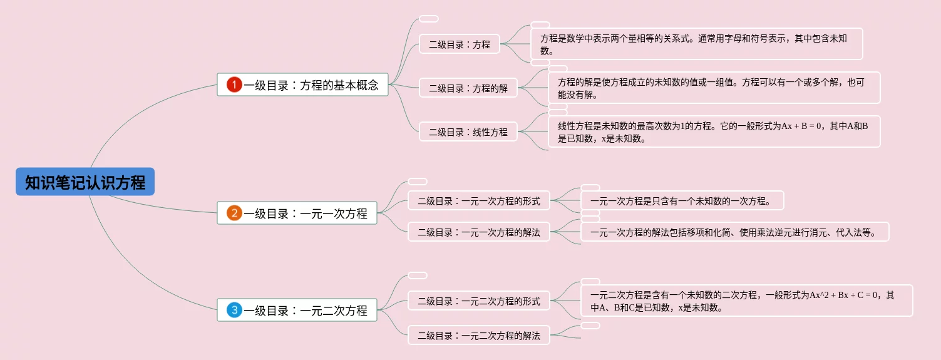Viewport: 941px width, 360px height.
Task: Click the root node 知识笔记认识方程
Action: [x=85, y=183]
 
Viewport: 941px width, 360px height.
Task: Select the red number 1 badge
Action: [x=234, y=85]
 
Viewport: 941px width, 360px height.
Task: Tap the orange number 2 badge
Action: [x=234, y=213]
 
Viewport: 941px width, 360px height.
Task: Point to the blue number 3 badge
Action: [x=234, y=310]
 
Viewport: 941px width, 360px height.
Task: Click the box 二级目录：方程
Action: [x=460, y=44]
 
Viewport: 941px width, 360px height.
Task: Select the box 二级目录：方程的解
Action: [x=468, y=88]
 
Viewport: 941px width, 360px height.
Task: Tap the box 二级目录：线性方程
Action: [x=468, y=132]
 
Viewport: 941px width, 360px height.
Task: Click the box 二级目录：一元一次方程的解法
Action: [x=479, y=232]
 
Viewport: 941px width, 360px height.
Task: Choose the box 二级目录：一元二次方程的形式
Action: [x=479, y=301]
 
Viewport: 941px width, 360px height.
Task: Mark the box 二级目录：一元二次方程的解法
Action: [x=479, y=335]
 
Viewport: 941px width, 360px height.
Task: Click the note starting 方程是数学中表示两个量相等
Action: [x=696, y=44]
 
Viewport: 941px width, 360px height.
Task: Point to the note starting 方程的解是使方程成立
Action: [x=714, y=88]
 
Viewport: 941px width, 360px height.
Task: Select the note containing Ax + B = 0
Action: [x=714, y=132]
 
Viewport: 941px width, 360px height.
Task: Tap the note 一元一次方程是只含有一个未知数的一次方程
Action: [x=682, y=201]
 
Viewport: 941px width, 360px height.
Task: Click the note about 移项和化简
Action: [x=735, y=232]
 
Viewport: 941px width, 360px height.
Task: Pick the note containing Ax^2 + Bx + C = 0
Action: [x=746, y=301]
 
